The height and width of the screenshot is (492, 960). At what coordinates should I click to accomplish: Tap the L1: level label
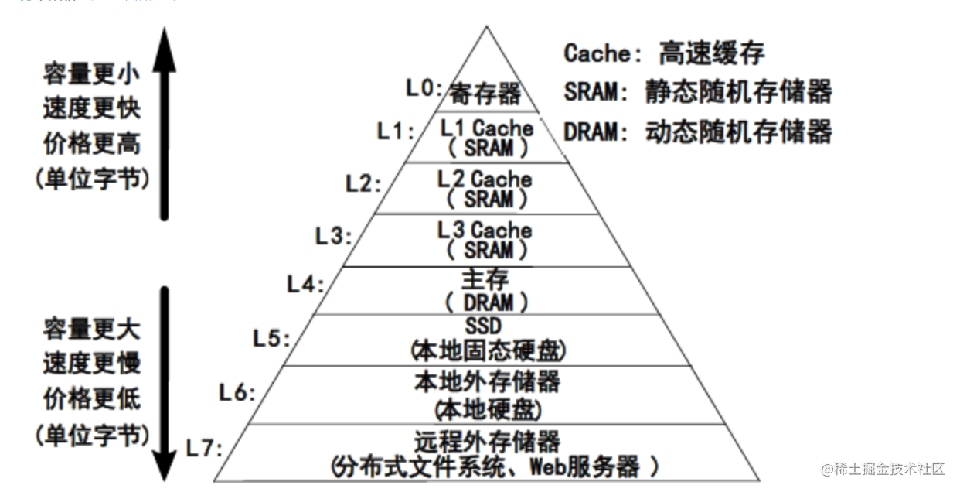pyautogui.click(x=396, y=132)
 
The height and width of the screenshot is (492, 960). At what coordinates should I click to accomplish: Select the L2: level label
pyautogui.click(x=363, y=184)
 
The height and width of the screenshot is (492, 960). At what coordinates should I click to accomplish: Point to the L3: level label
pyautogui.click(x=334, y=236)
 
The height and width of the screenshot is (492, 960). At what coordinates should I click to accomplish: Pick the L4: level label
pyautogui.click(x=305, y=285)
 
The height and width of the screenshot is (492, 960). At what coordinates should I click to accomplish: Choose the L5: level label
pyautogui.click(x=271, y=338)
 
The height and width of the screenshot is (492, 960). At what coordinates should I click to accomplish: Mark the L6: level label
pyautogui.click(x=237, y=393)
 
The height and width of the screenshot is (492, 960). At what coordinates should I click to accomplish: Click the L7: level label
pyautogui.click(x=205, y=448)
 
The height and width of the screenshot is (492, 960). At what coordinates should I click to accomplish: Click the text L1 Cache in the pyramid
pyautogui.click(x=486, y=127)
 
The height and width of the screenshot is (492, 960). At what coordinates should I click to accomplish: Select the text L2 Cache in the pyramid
pyautogui.click(x=485, y=179)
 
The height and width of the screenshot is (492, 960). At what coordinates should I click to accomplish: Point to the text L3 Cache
pyautogui.click(x=485, y=230)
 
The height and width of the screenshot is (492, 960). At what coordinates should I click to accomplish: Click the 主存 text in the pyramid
pyautogui.click(x=485, y=279)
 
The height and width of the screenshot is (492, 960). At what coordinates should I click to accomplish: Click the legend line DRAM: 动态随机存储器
pyautogui.click(x=698, y=132)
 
